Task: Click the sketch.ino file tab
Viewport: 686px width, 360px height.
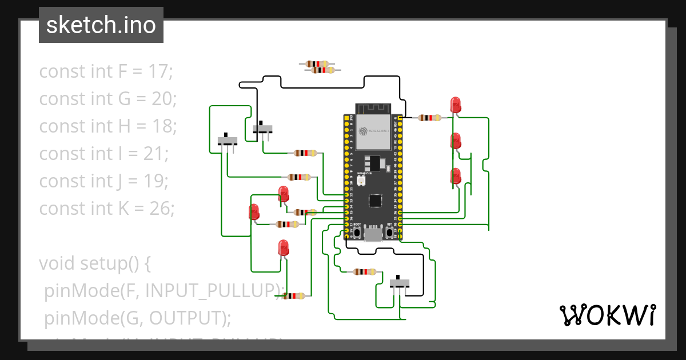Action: pyautogui.click(x=101, y=25)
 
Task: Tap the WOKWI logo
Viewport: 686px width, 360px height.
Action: pyautogui.click(x=607, y=315)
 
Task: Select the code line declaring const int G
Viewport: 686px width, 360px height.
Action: pyautogui.click(x=108, y=99)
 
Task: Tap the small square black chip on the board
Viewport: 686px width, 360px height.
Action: pyautogui.click(x=375, y=200)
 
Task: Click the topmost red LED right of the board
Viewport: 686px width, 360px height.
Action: pyautogui.click(x=456, y=105)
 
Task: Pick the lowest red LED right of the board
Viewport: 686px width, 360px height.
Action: pyautogui.click(x=456, y=176)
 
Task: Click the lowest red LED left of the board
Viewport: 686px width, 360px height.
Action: pyautogui.click(x=283, y=248)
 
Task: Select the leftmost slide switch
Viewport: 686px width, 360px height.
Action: pyautogui.click(x=228, y=141)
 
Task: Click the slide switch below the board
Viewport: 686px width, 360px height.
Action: pyautogui.click(x=399, y=283)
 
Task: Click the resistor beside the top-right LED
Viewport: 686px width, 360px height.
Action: pyautogui.click(x=429, y=118)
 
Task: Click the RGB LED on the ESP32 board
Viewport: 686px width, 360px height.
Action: pyautogui.click(x=361, y=181)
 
